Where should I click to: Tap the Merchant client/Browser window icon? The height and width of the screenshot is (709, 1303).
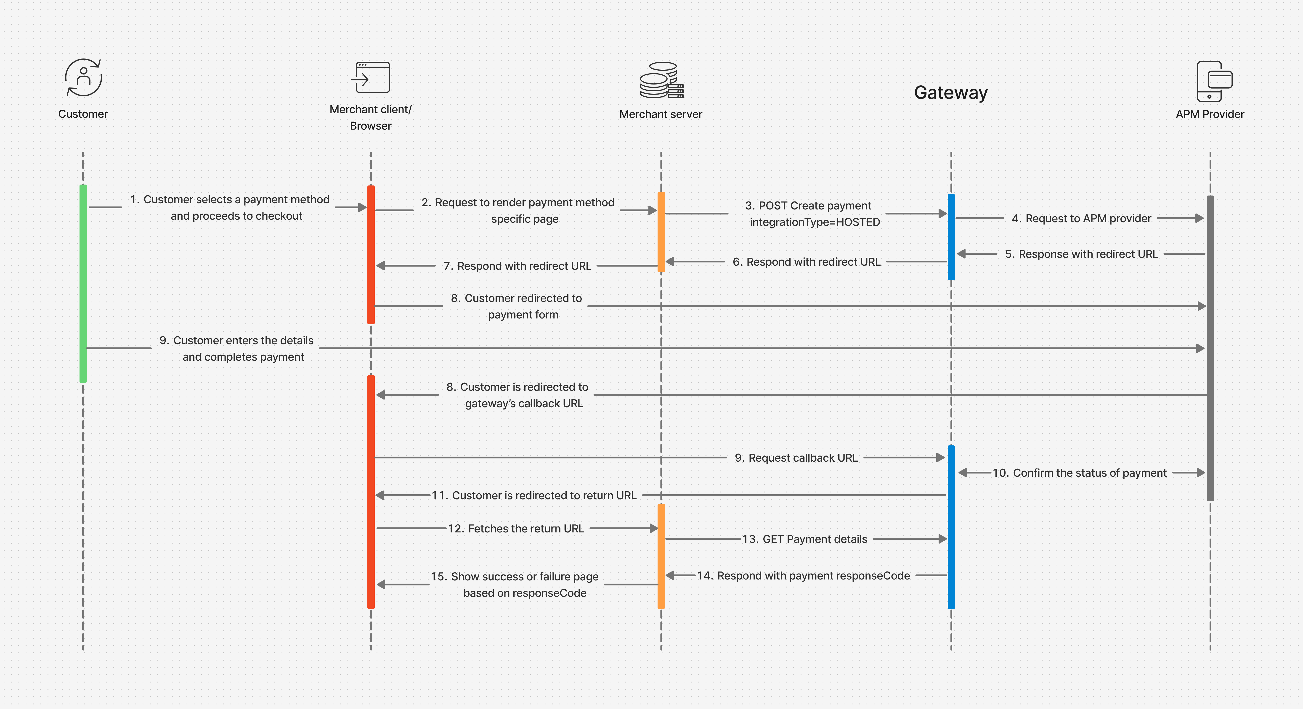coord(371,77)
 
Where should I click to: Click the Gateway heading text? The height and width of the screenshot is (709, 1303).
coord(950,93)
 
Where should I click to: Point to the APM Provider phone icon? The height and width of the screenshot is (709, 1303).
coord(1214,81)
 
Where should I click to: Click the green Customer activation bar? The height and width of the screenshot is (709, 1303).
coord(83,283)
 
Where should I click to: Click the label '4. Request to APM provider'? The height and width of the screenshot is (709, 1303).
coord(1081,218)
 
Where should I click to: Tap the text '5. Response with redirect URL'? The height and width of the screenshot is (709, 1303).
coord(1081,254)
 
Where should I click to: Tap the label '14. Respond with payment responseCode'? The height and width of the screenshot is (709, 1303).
coord(803,576)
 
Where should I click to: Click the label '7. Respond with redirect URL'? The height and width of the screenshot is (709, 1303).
coord(517,266)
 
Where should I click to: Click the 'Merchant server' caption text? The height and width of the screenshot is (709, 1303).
coord(661,114)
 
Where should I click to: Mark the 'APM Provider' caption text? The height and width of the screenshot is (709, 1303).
coord(1209,114)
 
